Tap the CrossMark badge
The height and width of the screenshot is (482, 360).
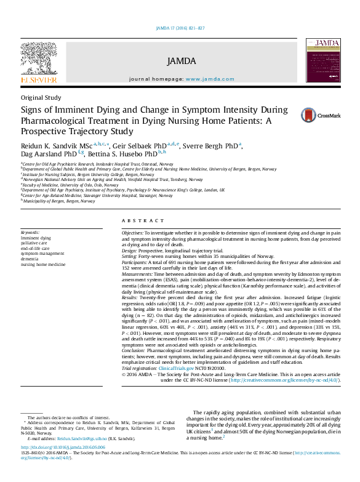(x=316, y=115)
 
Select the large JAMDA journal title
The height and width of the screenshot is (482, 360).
(x=181, y=61)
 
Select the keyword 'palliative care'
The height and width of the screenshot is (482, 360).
(x=34, y=243)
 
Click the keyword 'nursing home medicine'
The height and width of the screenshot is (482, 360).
(x=42, y=263)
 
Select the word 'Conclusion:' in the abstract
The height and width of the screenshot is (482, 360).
(x=134, y=351)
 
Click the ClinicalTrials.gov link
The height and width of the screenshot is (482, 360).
(x=178, y=368)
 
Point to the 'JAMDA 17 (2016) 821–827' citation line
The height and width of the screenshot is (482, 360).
(x=180, y=28)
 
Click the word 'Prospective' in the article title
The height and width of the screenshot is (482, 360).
(x=47, y=131)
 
